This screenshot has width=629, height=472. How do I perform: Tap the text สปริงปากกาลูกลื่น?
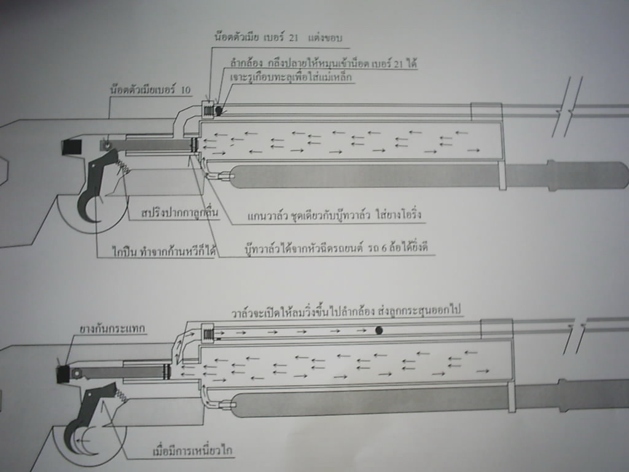[x=180, y=212]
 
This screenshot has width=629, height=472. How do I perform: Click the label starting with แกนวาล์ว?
[x=334, y=215]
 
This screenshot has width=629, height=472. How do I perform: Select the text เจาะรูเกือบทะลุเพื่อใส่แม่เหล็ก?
[x=291, y=76]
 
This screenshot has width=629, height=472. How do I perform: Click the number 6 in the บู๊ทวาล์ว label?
[x=383, y=247]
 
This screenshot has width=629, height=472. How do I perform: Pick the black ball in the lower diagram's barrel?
[x=378, y=331]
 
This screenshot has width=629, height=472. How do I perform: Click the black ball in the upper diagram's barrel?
[x=219, y=109]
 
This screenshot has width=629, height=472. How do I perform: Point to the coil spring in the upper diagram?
[x=122, y=165]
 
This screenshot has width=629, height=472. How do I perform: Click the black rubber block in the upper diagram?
[x=72, y=146]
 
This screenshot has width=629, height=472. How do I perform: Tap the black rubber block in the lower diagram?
[x=63, y=375]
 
